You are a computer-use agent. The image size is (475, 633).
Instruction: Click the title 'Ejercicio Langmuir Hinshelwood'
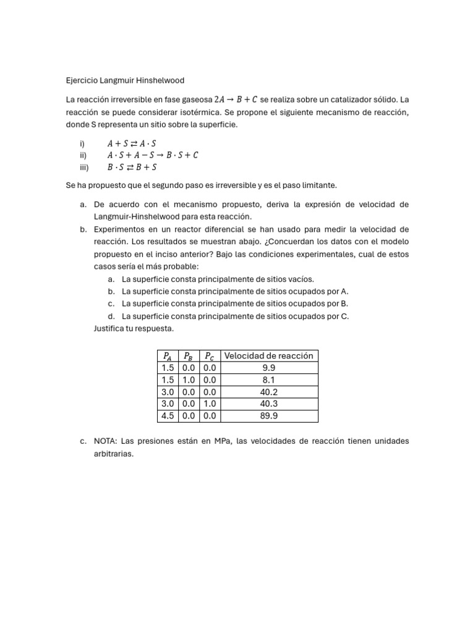point(125,80)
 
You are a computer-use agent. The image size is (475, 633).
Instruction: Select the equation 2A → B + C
point(236,99)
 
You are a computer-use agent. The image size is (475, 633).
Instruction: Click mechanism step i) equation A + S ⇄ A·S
point(132,143)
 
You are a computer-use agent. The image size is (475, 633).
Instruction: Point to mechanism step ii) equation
point(153,155)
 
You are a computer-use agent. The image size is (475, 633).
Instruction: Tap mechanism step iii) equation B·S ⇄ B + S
point(132,167)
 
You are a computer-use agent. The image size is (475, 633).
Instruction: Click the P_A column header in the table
point(168,355)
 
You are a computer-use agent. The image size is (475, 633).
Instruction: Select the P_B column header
point(189,355)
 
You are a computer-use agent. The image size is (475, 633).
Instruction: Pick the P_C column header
point(210,355)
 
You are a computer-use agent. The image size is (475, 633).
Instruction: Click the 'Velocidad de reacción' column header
point(268,355)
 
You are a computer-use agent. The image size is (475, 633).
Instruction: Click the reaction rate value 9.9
point(268,368)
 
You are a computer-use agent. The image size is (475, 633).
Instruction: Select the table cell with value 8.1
point(268,380)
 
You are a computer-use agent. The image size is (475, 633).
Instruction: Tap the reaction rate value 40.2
point(268,392)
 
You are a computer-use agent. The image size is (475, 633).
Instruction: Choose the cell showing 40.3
point(268,404)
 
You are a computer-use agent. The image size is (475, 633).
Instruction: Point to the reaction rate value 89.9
point(268,416)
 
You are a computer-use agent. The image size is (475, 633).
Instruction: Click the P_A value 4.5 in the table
point(168,416)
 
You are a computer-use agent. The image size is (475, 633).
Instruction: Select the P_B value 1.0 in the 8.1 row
point(189,380)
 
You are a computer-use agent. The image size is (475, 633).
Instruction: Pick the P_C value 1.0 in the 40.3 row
point(210,404)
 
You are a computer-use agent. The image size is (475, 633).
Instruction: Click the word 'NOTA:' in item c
point(106,441)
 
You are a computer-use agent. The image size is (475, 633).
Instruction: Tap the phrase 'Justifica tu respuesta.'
point(134,328)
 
